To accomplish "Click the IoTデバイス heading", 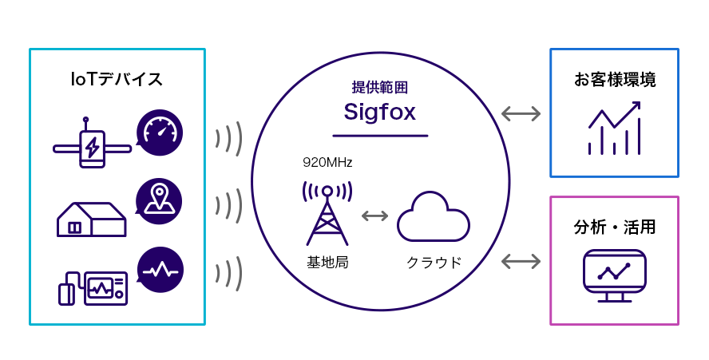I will click(x=117, y=80).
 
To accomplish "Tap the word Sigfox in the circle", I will click(x=380, y=112).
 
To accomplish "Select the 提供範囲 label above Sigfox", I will click(x=380, y=88).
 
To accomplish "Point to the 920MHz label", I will click(x=327, y=163).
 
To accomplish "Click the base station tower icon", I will click(x=327, y=213).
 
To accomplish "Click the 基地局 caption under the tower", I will click(x=327, y=262).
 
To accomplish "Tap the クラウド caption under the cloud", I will click(x=434, y=262).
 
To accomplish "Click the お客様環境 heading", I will click(x=615, y=81).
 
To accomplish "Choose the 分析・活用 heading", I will click(x=615, y=227).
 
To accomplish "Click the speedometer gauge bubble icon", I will click(x=159, y=132).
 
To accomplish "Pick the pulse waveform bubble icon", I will click(x=159, y=270).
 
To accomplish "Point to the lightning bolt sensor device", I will click(x=92, y=147).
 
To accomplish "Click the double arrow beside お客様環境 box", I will click(x=521, y=113).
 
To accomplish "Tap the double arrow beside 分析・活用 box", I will click(x=521, y=261).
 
